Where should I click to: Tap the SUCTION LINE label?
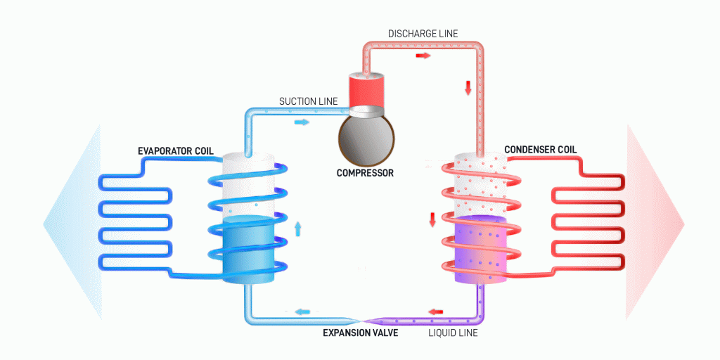308,101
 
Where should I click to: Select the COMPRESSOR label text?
364,172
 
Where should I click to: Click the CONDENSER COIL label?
541,150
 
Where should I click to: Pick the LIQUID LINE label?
453,333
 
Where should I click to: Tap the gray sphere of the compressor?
364,136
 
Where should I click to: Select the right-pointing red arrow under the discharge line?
423,54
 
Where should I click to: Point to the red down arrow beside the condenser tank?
433,219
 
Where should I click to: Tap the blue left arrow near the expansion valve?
302,311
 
